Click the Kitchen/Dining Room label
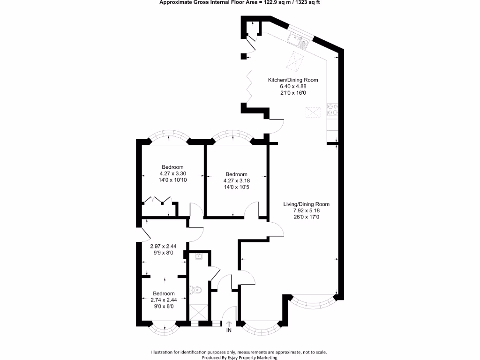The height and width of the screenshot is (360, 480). pyautogui.click(x=292, y=80)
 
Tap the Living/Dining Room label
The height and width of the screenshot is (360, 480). pyautogui.click(x=306, y=204)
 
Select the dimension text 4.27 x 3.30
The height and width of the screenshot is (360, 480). pyautogui.click(x=172, y=173)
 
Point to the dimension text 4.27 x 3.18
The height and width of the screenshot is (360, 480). pyautogui.click(x=236, y=180)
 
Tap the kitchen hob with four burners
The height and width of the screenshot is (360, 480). pyautogui.click(x=332, y=109)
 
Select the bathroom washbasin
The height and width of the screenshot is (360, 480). pyautogui.click(x=199, y=256)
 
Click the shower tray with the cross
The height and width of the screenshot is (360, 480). pyautogui.click(x=199, y=312)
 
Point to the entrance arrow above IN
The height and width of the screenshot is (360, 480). pyautogui.click(x=229, y=323)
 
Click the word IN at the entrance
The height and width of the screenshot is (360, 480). pyautogui.click(x=229, y=330)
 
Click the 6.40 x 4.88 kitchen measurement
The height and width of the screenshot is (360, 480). pyautogui.click(x=292, y=86)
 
